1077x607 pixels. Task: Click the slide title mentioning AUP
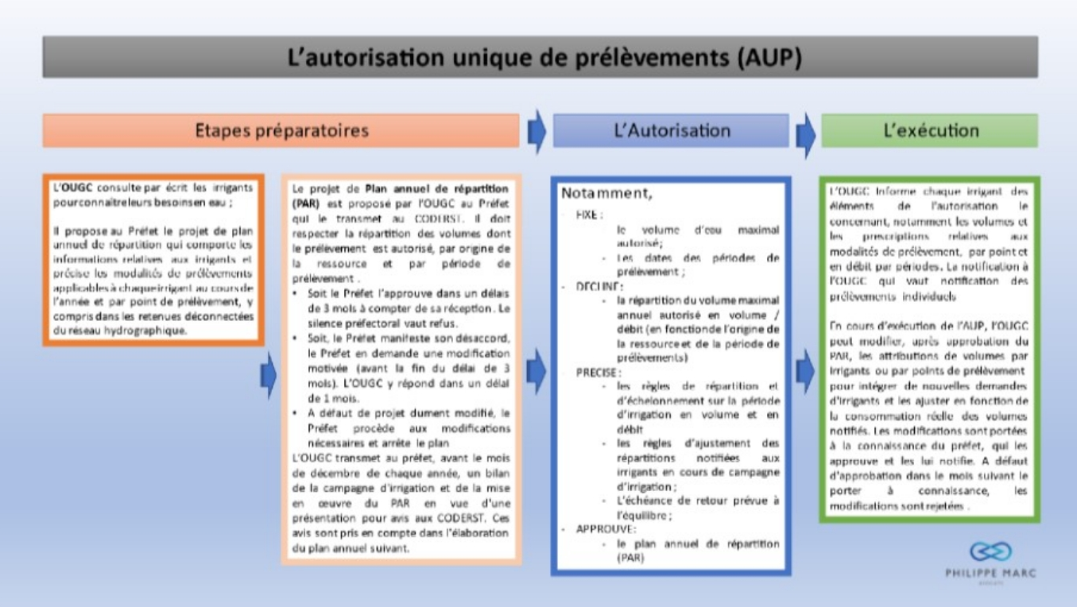pos(540,57)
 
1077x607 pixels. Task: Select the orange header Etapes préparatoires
pos(281,130)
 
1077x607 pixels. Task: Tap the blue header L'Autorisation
pos(672,130)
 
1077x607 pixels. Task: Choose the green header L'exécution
pos(930,130)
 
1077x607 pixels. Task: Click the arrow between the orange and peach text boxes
pos(269,370)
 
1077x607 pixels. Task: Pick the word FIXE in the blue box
pos(589,215)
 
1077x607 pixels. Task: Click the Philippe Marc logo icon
pos(990,551)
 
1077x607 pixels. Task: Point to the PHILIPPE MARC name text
pos(990,572)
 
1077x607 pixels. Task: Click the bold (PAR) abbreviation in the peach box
pos(306,203)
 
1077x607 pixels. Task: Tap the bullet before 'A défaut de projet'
pos(296,413)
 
